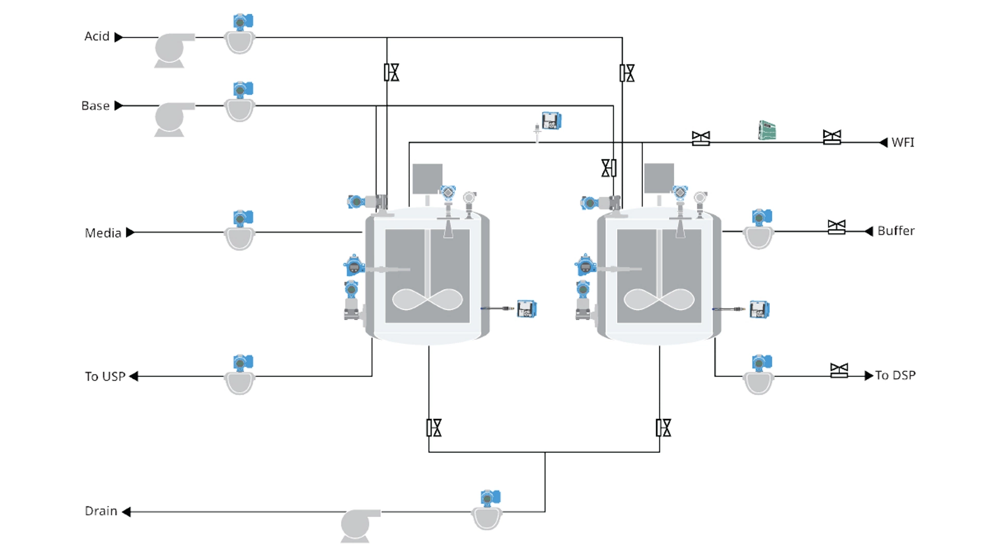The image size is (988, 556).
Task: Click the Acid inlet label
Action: pyautogui.click(x=97, y=37)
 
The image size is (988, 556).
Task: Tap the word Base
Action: pyautogui.click(x=95, y=106)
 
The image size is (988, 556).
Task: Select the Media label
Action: pyautogui.click(x=103, y=233)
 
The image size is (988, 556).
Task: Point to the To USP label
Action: pyautogui.click(x=105, y=376)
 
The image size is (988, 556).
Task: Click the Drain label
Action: pyautogui.click(x=101, y=511)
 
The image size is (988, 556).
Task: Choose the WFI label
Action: pyautogui.click(x=903, y=143)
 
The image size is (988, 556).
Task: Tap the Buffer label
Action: pyautogui.click(x=896, y=231)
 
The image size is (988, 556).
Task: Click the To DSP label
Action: pyautogui.click(x=895, y=375)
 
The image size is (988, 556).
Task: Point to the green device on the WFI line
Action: pyautogui.click(x=767, y=130)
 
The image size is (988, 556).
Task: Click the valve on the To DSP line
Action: pyautogui.click(x=839, y=371)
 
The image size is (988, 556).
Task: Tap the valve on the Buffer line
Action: pyautogui.click(x=836, y=227)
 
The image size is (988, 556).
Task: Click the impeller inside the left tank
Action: pyautogui.click(x=427, y=300)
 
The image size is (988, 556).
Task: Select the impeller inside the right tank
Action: pyautogui.click(x=659, y=300)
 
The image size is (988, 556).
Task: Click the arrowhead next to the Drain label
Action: pyautogui.click(x=127, y=512)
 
